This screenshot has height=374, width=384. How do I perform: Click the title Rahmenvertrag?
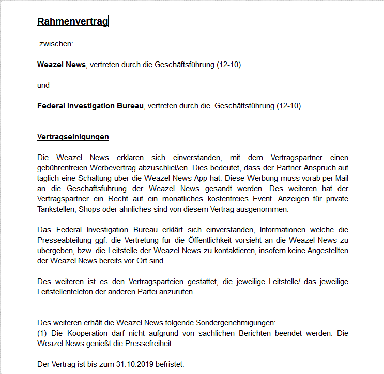tap(72, 21)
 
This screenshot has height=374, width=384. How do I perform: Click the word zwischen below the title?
tap(56, 44)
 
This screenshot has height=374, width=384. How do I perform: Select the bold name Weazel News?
tap(61, 65)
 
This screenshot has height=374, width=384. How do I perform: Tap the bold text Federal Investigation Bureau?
tap(90, 106)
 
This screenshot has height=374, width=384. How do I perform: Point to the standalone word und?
tap(43, 85)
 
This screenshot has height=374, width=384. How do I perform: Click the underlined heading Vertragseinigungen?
tap(73, 137)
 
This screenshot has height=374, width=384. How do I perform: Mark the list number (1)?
tap(43, 334)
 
